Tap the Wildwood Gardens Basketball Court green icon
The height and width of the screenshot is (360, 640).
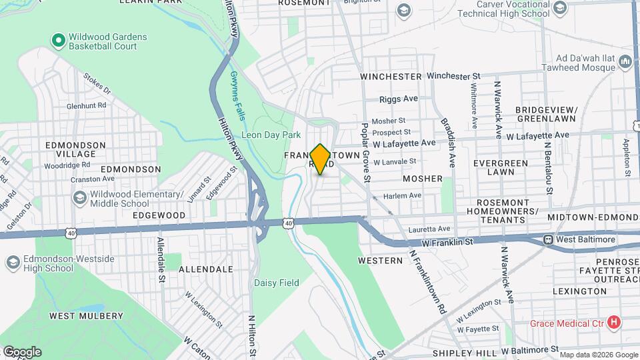(58, 41)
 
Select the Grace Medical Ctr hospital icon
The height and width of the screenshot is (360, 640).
(615, 323)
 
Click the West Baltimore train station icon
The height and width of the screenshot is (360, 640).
(549, 239)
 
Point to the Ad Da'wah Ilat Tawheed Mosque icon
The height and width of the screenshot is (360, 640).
(625, 62)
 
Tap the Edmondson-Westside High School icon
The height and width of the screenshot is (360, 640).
(13, 263)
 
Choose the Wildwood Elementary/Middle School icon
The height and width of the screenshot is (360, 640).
(79, 199)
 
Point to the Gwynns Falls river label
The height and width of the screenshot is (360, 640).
(237, 95)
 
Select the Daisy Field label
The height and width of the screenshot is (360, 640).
(276, 283)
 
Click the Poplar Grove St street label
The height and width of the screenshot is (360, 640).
(365, 151)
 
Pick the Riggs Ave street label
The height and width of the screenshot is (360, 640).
(398, 99)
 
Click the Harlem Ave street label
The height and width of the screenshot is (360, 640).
(403, 195)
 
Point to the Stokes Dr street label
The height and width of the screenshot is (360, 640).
(97, 83)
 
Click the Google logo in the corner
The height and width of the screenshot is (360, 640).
(22, 351)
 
